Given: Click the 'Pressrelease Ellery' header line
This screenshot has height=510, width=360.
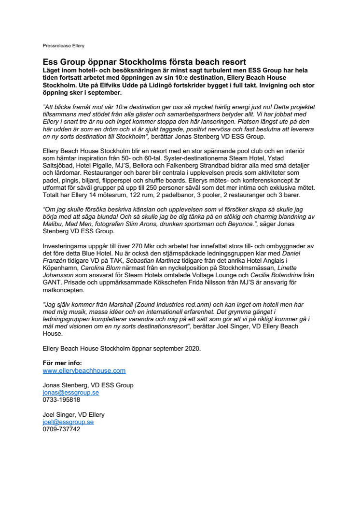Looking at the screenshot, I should pos(63,46).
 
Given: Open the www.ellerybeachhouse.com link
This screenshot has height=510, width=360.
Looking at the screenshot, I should pos(84,371).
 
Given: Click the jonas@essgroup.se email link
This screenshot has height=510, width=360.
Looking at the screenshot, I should pos(71,393).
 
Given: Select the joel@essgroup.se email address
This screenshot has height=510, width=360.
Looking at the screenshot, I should pos(68,422).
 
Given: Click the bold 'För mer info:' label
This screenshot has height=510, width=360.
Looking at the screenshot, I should pos(62,363).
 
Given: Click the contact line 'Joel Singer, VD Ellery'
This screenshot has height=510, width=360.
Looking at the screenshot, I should pos(73,414).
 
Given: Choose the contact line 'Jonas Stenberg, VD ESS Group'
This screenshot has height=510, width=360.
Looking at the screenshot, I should pos(88,385).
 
